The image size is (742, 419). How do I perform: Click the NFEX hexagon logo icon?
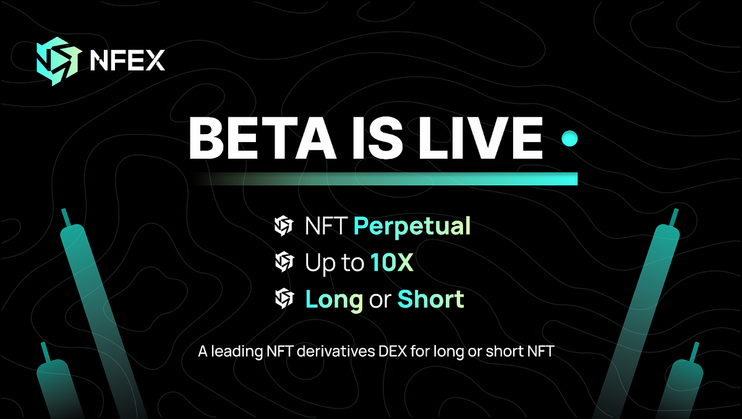58,60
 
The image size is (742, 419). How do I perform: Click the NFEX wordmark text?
127,61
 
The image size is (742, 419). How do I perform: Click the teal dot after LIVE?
569,139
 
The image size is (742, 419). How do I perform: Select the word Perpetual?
412,227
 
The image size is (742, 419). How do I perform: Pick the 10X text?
392,263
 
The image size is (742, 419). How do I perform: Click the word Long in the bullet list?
334,300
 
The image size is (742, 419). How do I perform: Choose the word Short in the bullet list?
430,300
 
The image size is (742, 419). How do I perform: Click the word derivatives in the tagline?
332,352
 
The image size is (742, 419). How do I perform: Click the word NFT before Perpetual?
326,227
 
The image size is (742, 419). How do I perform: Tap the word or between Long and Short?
380,301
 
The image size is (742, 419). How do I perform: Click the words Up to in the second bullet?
334,264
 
